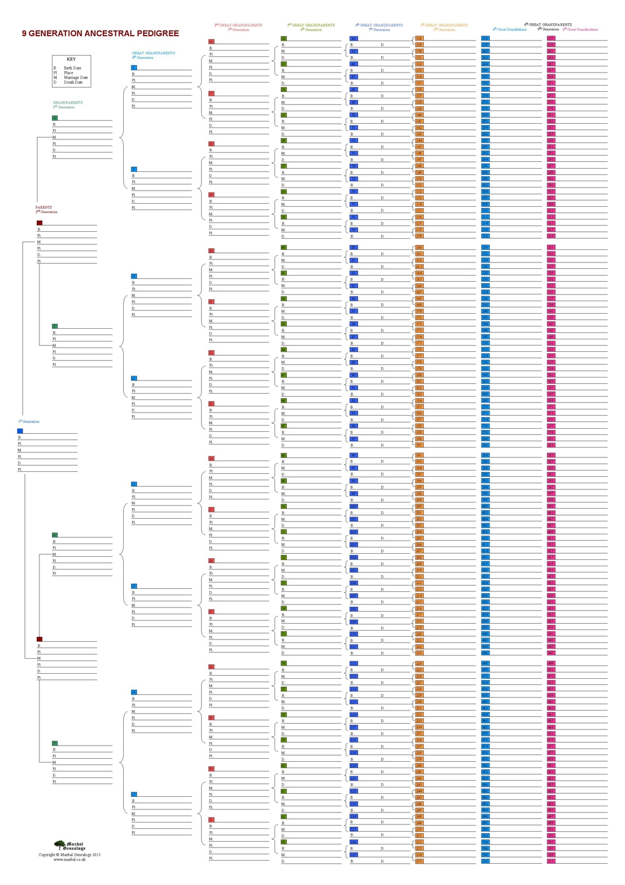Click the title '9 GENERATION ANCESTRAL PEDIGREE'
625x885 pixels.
100,34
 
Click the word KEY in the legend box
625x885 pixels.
71,59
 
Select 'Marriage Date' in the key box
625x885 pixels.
76,77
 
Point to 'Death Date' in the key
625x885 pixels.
73,82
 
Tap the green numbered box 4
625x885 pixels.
55,117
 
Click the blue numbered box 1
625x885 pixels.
20,431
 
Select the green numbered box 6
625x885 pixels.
55,535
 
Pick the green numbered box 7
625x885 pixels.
55,743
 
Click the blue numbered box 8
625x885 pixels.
134,67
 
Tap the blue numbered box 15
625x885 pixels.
134,794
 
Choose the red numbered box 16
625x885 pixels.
211,42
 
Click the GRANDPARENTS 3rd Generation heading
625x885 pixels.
67,104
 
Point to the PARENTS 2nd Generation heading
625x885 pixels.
46,209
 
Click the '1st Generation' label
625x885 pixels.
29,421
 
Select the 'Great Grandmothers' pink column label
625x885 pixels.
581,29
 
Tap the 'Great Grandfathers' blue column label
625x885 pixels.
510,29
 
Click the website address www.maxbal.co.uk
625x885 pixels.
69,859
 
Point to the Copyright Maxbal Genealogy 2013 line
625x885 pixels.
69,854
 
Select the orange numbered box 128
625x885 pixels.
419,39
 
